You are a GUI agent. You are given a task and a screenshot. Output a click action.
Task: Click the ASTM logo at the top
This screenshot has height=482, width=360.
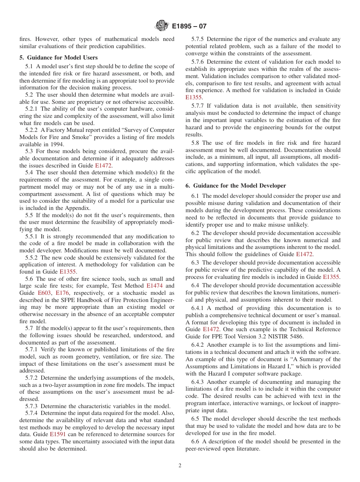pyautogui.click(x=162, y=26)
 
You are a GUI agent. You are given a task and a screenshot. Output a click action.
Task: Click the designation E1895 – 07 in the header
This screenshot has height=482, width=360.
pyautogui.click(x=189, y=27)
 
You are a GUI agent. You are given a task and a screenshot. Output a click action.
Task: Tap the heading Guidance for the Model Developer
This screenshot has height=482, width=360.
pyautogui.click(x=239, y=186)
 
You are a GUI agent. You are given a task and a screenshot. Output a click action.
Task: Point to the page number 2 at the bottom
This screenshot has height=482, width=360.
pyautogui.click(x=180, y=466)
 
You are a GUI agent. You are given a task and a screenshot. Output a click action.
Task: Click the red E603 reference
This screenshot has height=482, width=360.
pyautogui.click(x=44, y=293)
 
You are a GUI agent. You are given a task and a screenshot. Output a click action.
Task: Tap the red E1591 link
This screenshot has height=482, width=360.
pyautogui.click(x=57, y=434)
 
